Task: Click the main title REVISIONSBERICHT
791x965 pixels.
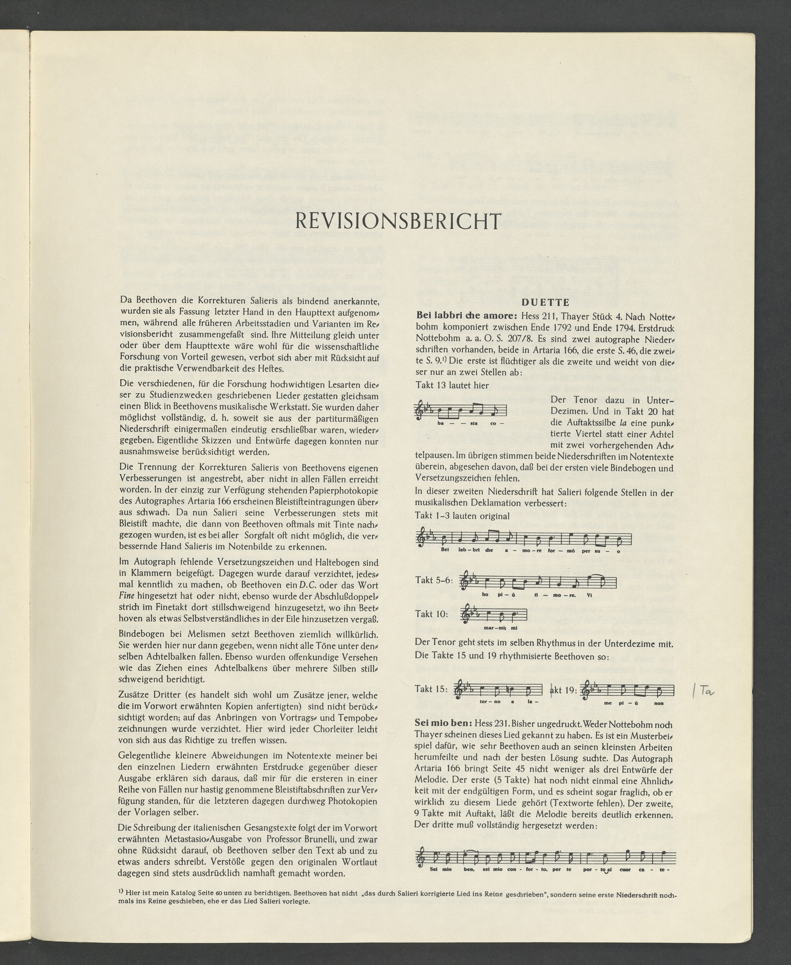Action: pyautogui.click(x=397, y=222)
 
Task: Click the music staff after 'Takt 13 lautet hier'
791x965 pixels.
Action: pyautogui.click(x=461, y=411)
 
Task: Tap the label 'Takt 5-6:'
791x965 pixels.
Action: pyautogui.click(x=434, y=580)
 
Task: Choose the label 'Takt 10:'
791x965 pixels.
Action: pyautogui.click(x=431, y=614)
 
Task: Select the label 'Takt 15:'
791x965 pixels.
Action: pyautogui.click(x=431, y=690)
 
